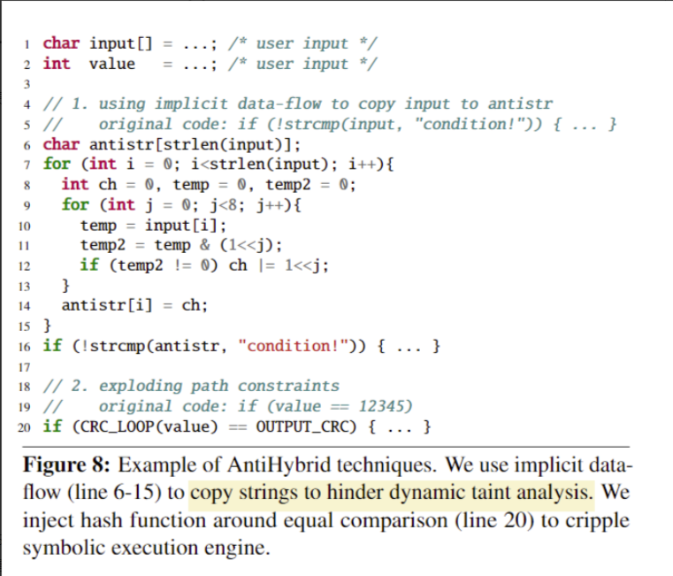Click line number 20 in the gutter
(25, 428)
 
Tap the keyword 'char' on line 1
(61, 42)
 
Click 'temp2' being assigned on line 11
(103, 245)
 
